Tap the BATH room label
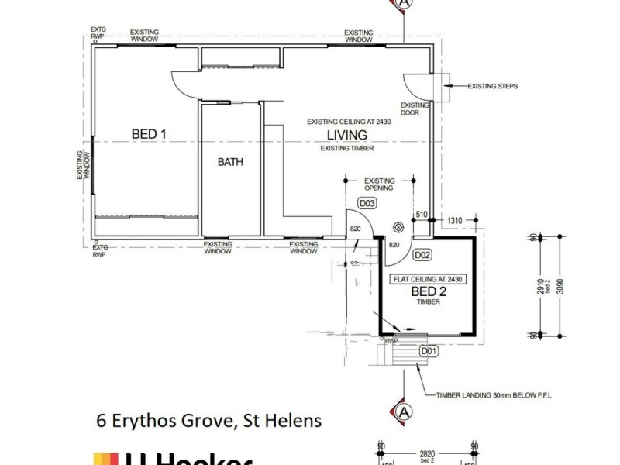point(230,163)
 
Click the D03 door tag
point(367,204)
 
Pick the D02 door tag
point(422,254)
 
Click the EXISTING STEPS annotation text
point(492,86)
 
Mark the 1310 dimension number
point(455,222)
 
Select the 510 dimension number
point(422,215)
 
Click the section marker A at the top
point(403,3)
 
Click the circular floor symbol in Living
point(398,226)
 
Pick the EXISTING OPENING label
point(380,184)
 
